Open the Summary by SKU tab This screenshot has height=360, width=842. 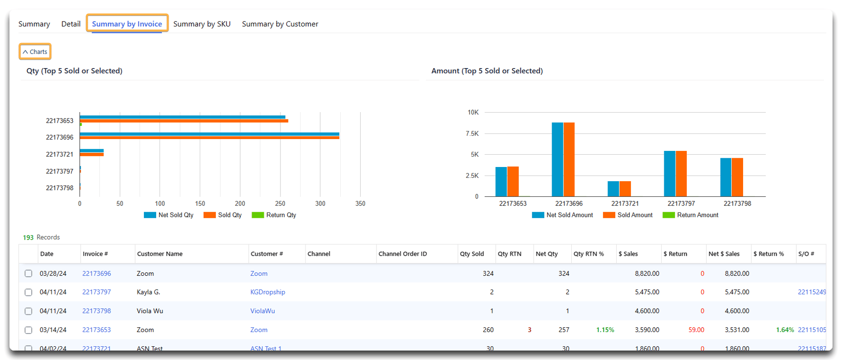point(202,24)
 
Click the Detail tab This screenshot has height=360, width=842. point(70,24)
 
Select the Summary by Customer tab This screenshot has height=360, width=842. point(280,24)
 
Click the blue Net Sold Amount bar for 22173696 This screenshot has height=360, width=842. point(557,160)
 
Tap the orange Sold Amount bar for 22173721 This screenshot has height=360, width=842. point(625,189)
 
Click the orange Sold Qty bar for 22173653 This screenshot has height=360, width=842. point(184,121)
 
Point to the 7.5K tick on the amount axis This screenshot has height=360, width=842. point(472,134)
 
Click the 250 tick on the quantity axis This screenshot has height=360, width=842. point(280,204)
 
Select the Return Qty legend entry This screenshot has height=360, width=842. point(274,215)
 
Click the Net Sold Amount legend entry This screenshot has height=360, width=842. point(562,215)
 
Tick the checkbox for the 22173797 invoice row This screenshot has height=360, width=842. point(28,292)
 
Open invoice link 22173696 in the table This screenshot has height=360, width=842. point(96,274)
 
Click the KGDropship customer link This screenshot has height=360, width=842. point(267,292)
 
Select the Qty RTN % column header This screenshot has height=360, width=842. point(588,254)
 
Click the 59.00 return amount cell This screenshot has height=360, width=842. point(696,330)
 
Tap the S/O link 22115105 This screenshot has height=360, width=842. point(811,330)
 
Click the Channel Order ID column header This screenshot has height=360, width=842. point(402,254)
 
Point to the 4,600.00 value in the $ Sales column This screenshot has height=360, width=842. point(647,311)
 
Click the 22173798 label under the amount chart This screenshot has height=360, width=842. point(737,204)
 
